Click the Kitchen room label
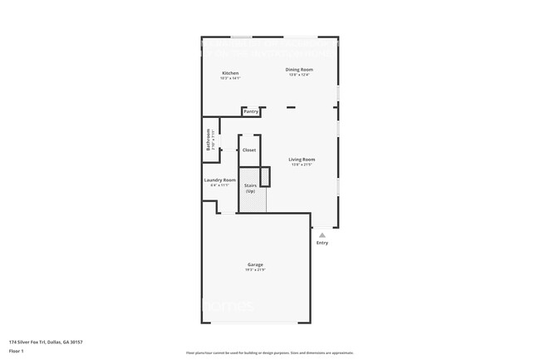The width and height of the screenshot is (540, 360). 230,73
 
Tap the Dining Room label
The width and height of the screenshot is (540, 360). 299,69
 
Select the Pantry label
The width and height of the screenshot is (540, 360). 251,111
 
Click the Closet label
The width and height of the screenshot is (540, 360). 249,150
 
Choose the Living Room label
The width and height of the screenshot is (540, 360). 302,159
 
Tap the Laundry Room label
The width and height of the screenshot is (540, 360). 220,180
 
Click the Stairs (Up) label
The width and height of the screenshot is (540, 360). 249,189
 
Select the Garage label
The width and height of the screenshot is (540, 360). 255,264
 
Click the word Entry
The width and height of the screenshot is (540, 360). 322,243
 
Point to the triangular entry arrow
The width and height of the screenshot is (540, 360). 322,234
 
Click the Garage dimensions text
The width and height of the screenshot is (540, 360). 255,270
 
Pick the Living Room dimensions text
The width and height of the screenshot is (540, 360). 302,165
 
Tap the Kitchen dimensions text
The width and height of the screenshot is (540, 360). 230,78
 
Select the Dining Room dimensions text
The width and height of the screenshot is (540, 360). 299,75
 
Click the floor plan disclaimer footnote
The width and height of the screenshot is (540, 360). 269,353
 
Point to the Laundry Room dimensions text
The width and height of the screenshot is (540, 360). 220,185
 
